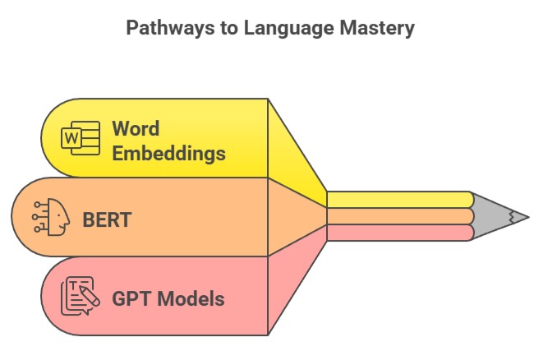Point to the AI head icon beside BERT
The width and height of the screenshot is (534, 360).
pos(52,219)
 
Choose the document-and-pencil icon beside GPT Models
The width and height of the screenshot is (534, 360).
pos(81,297)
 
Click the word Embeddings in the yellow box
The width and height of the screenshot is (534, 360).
pos(168,153)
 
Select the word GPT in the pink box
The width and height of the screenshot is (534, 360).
pos(131,298)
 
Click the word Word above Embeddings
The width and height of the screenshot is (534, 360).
pos(136,129)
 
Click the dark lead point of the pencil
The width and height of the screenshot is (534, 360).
pos(522,217)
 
